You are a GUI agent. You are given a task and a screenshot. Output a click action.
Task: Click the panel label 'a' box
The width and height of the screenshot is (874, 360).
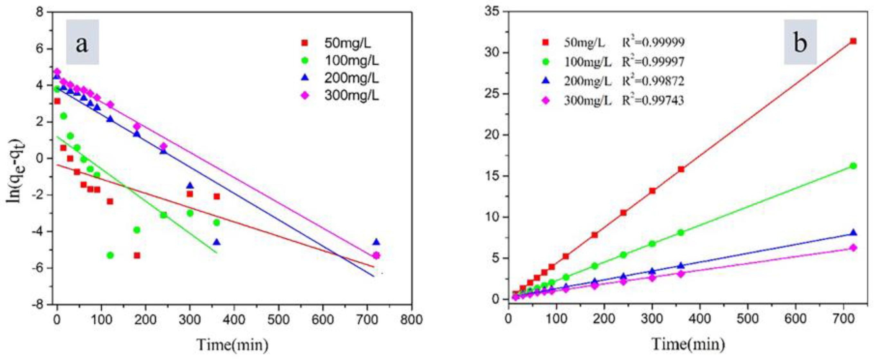coord(82,42)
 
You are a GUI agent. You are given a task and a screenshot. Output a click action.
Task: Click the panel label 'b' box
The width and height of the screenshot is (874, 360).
coord(800,42)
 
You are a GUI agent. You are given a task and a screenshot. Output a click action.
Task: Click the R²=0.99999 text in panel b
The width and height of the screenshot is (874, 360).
coord(653,42)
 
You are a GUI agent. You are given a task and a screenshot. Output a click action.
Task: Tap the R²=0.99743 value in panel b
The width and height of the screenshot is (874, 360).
coord(653,101)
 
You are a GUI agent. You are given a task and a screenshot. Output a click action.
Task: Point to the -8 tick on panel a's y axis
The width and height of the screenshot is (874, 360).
coord(40,304)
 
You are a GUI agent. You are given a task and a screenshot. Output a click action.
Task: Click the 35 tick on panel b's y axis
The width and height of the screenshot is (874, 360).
coord(491,12)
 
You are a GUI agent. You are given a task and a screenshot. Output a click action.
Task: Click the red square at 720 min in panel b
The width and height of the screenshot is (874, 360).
coord(853,41)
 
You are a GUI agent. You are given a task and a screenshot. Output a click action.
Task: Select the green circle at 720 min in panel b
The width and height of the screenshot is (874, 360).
coord(853,166)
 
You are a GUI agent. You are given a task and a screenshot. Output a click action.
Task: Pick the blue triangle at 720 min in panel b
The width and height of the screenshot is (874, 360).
coord(853,233)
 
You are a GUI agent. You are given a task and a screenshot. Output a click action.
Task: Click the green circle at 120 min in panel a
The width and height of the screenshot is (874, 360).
coord(110,255)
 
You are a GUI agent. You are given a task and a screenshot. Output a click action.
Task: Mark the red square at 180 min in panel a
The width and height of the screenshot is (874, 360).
coord(137,255)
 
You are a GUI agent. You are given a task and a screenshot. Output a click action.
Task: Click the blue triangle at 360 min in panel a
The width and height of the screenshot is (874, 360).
coord(217,242)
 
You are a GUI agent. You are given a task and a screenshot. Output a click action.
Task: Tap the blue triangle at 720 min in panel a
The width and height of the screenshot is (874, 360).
coord(376,242)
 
